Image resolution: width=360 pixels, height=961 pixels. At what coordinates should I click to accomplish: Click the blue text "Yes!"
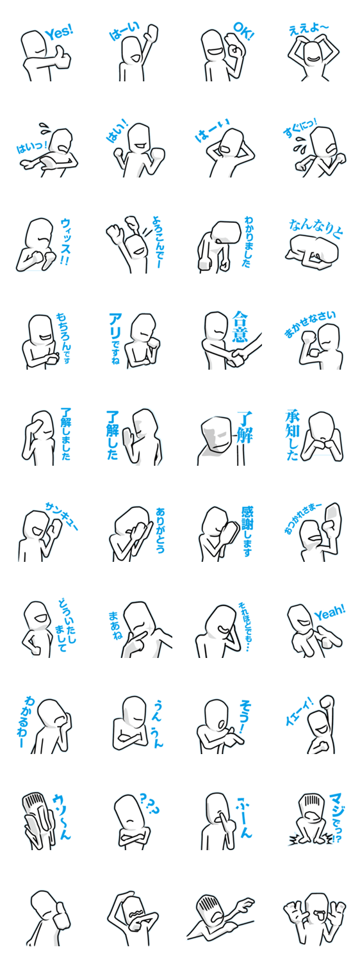(59, 32)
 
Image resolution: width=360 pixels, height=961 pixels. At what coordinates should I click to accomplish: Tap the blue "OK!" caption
(243, 31)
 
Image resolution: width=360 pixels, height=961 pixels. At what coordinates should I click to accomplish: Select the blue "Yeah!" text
(329, 612)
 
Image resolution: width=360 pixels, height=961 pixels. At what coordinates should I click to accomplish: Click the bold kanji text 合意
(240, 327)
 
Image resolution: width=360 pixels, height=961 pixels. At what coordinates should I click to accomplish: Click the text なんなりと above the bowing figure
(316, 228)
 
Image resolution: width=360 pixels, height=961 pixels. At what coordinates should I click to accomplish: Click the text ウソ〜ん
(61, 816)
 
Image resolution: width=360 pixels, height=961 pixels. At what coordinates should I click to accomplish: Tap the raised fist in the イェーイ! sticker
(327, 702)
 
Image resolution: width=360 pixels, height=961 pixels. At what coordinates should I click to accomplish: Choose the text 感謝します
(248, 530)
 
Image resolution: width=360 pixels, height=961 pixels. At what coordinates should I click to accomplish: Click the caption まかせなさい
(310, 324)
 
